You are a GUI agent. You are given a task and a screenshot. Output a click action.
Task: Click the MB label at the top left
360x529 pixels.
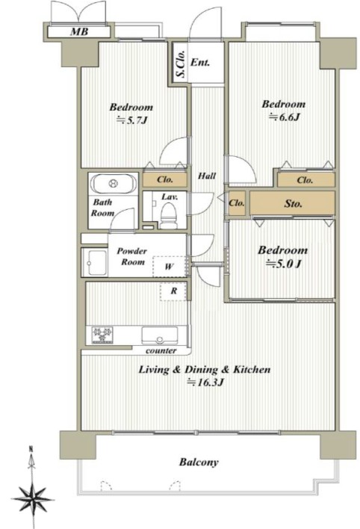(x=79, y=31)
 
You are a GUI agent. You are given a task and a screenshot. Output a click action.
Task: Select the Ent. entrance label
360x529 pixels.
(x=200, y=63)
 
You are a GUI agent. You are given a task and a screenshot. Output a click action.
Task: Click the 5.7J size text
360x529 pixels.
(x=132, y=120)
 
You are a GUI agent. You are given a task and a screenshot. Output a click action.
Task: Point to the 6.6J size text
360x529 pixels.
(x=285, y=117)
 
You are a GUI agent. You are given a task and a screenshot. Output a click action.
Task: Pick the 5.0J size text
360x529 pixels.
(x=283, y=264)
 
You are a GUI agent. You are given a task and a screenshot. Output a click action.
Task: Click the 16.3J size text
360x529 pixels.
(x=206, y=383)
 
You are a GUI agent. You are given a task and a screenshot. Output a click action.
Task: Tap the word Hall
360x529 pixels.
(x=207, y=176)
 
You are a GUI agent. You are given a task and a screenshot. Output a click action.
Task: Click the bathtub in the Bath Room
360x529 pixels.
(x=113, y=183)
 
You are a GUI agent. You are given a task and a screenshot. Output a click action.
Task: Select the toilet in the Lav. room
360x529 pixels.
(x=168, y=216)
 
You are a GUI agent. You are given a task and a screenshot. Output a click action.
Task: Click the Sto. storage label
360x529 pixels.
(x=293, y=203)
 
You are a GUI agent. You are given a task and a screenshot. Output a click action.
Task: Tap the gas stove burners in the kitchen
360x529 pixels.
(x=102, y=335)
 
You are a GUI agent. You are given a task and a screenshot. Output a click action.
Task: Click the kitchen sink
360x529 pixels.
(x=160, y=335)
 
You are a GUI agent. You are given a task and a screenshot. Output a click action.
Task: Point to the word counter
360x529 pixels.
(x=161, y=351)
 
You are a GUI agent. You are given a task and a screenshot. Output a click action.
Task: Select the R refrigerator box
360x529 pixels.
(x=173, y=291)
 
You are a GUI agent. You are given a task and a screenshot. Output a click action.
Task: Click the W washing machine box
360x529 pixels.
(x=169, y=267)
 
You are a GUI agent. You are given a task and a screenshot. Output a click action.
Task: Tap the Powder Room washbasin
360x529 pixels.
(x=94, y=263)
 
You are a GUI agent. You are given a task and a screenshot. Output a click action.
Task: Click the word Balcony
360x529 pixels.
(x=199, y=463)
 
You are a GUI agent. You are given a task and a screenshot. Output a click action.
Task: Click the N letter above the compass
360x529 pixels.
(x=31, y=449)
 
